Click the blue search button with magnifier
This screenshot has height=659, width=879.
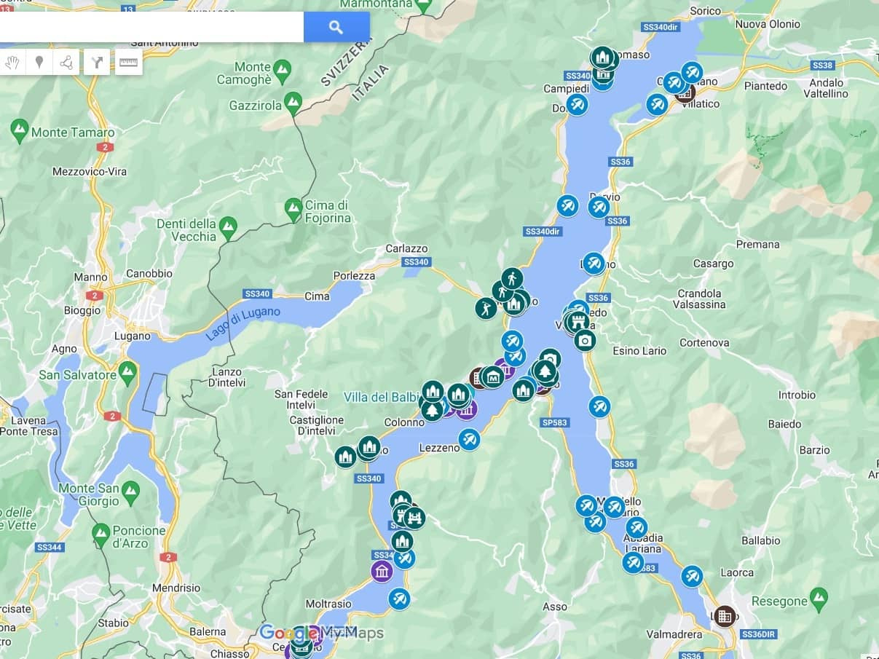(336, 27)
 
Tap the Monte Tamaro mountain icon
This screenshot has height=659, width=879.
(20, 131)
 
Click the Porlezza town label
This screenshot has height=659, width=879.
(354, 276)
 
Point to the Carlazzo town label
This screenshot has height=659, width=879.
(406, 249)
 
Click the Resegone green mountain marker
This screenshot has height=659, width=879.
(819, 599)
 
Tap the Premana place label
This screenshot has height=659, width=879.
(757, 245)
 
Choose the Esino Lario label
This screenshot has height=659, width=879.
(639, 351)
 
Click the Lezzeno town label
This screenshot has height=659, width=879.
(439, 448)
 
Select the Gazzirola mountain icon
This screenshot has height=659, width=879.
(293, 102)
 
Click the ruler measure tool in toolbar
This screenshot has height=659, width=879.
(128, 63)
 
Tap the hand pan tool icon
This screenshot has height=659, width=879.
(12, 63)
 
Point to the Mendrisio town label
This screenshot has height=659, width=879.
(176, 588)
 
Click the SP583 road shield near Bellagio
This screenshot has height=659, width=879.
(554, 422)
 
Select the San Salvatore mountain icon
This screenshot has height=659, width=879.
(128, 372)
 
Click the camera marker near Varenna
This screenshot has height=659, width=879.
(584, 340)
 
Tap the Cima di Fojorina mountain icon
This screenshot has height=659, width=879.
(293, 208)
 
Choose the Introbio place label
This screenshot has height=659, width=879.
(797, 395)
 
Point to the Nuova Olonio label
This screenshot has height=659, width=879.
(768, 24)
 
